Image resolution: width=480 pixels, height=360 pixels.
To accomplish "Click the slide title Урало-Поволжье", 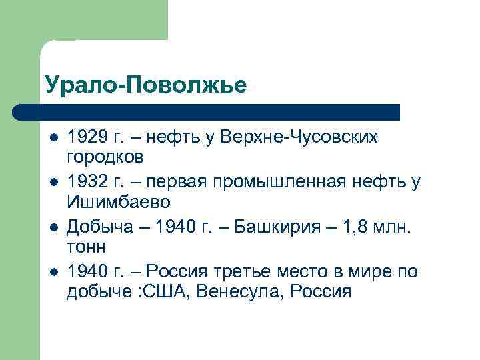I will coord(146,85).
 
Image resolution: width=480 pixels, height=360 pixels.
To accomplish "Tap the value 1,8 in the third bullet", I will coord(358,227).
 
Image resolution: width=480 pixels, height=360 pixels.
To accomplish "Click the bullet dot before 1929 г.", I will coord(53,138).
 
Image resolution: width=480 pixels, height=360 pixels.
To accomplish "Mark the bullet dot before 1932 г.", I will coord(53,183).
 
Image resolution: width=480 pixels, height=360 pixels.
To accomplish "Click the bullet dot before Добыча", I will coord(53,227).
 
